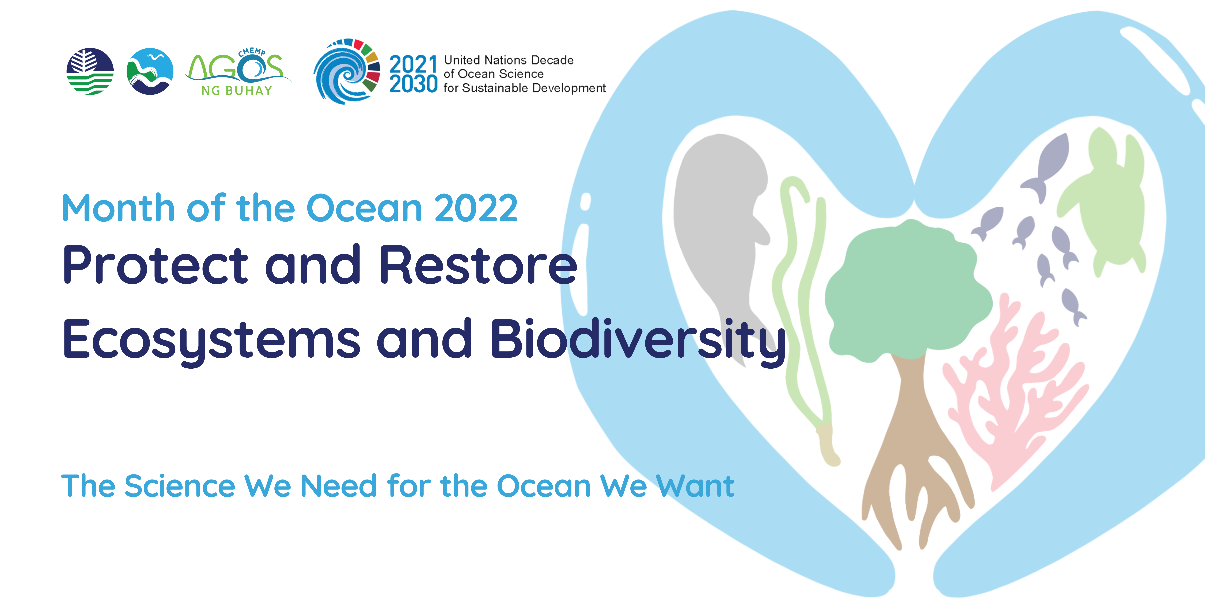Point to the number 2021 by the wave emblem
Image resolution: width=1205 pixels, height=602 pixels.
414,64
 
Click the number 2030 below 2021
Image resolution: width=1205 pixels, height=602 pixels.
414,84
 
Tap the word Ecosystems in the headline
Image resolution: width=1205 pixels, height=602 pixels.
211,340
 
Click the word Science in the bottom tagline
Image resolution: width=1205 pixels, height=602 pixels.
180,486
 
